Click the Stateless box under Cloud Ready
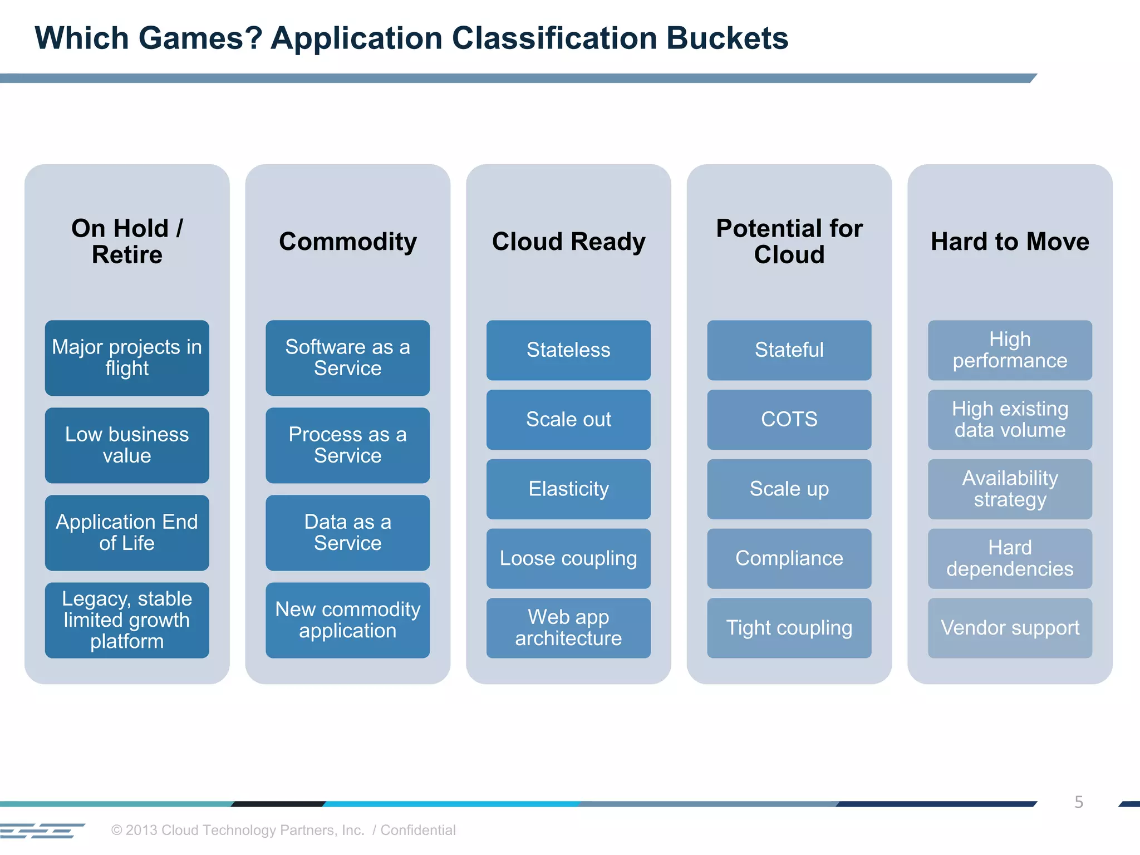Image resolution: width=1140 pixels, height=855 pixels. click(568, 350)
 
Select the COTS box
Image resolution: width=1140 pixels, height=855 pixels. click(789, 419)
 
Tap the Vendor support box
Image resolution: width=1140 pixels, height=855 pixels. click(1010, 628)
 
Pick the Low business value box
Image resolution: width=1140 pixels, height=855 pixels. click(127, 445)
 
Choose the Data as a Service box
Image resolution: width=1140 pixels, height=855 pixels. click(347, 533)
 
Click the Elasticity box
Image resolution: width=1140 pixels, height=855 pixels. click(568, 489)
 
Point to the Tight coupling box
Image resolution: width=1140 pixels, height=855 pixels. click(789, 628)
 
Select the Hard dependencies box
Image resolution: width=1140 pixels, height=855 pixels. click(1010, 558)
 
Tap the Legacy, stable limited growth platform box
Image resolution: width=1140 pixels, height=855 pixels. click(127, 620)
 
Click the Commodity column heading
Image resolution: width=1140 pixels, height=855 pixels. click(347, 242)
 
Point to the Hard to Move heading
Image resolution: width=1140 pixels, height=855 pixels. click(1010, 242)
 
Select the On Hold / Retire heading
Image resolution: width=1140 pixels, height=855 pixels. click(127, 242)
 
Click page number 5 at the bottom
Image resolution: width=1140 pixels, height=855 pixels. click(1079, 802)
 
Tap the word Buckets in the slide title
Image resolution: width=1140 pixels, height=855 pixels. click(727, 38)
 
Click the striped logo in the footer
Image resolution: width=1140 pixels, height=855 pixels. click(42, 831)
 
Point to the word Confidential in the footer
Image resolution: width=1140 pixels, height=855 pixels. click(418, 830)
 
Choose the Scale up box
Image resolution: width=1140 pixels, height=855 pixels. click(789, 489)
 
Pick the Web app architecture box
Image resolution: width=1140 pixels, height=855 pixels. click(568, 628)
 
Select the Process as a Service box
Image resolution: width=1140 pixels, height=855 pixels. click(347, 445)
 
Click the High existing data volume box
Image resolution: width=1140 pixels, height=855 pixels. click(1010, 419)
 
